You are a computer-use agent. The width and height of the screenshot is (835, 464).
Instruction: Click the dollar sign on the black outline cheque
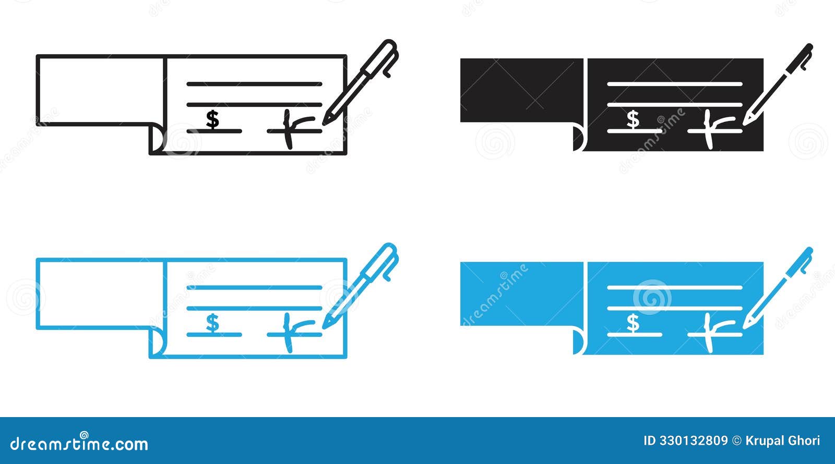tap(212, 119)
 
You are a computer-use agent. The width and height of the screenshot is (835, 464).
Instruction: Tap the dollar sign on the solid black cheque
tap(633, 119)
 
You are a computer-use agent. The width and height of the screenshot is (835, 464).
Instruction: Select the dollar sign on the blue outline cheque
tap(212, 323)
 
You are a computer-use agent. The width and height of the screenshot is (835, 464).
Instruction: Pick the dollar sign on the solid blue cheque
tap(633, 323)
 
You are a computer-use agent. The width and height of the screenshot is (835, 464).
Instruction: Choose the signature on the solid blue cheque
tap(713, 331)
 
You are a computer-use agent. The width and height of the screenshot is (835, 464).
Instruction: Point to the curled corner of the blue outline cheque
tap(156, 343)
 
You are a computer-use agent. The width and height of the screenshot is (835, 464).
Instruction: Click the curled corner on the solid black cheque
tap(578, 138)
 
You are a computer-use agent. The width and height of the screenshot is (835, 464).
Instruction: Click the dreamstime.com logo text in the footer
tap(79, 444)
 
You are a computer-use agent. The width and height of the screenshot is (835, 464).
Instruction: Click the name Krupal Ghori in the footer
tap(783, 441)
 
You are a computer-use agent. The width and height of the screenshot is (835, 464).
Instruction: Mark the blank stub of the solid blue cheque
tap(521, 294)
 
